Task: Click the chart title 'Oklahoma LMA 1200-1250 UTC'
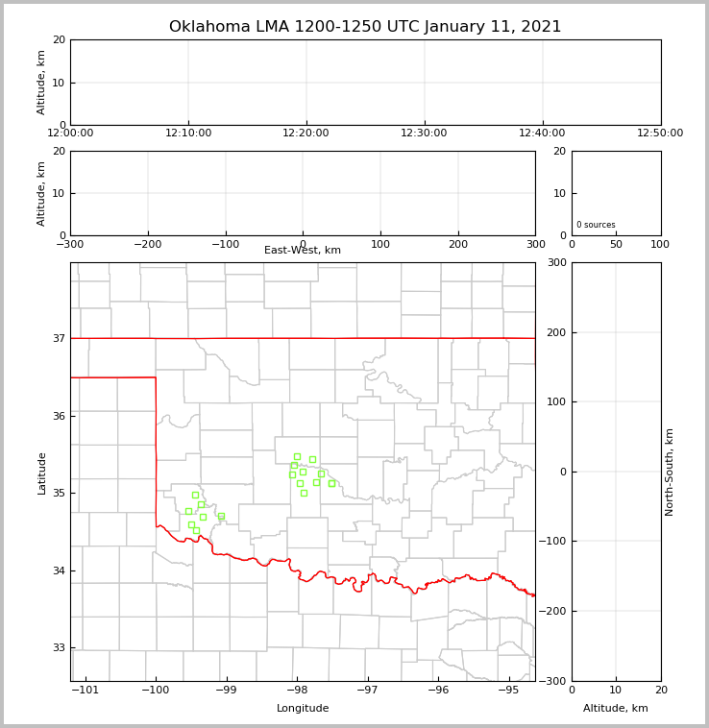coord(365,27)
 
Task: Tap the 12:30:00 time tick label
coord(424,133)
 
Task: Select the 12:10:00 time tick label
coord(188,133)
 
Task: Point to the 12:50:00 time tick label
coord(660,133)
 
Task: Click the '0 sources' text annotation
coord(596,225)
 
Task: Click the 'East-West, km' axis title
coord(303,251)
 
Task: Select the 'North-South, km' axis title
coord(671,472)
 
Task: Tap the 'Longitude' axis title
coord(303,709)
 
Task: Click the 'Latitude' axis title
coord(41,473)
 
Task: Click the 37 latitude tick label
coord(59,338)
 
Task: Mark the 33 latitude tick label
coord(59,648)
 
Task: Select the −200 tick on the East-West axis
coord(147,244)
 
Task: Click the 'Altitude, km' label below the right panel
coord(616,709)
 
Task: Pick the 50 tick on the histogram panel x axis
coord(616,244)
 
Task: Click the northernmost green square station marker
coord(297,456)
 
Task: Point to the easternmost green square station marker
coord(331,483)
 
